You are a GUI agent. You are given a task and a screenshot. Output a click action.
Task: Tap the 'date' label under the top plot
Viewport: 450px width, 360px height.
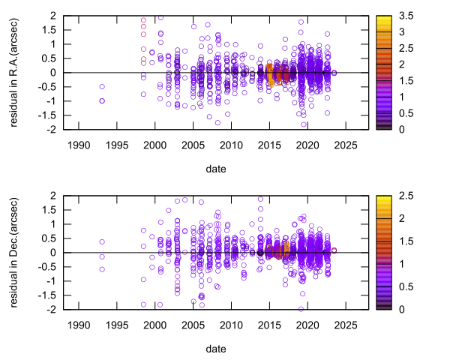(215, 169)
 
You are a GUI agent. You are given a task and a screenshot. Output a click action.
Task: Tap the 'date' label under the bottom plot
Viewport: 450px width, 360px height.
(215, 348)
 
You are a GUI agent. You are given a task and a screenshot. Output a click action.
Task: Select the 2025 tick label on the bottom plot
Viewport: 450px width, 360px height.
(346, 325)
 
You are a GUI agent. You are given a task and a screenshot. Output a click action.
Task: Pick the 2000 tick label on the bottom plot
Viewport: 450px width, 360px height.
(154, 325)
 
